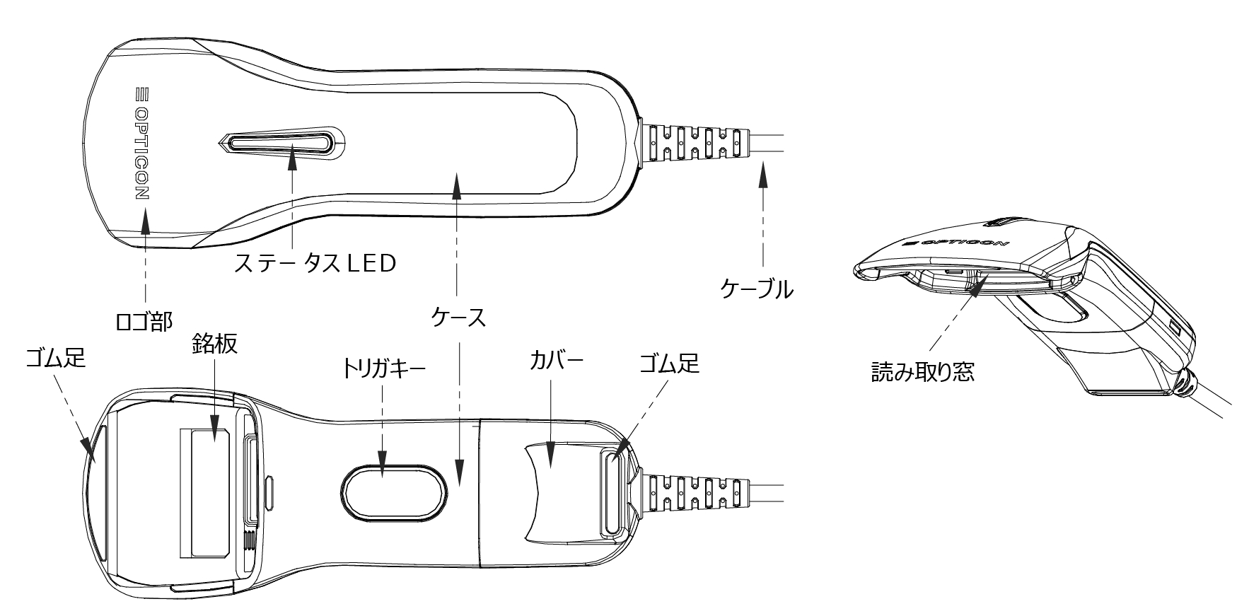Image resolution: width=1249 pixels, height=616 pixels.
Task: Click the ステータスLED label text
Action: (x=315, y=264)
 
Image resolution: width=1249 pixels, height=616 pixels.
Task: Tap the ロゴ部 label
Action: (x=144, y=322)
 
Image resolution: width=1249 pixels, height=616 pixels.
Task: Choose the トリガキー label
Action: (x=383, y=369)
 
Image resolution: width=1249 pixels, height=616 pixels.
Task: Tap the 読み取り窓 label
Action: (x=922, y=371)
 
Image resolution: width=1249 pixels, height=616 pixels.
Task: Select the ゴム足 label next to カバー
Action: (x=668, y=364)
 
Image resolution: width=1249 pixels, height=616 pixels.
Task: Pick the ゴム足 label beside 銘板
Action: (x=54, y=359)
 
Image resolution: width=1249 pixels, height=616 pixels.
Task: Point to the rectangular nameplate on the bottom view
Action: (x=209, y=492)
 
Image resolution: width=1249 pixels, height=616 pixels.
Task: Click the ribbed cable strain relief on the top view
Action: (x=692, y=141)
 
